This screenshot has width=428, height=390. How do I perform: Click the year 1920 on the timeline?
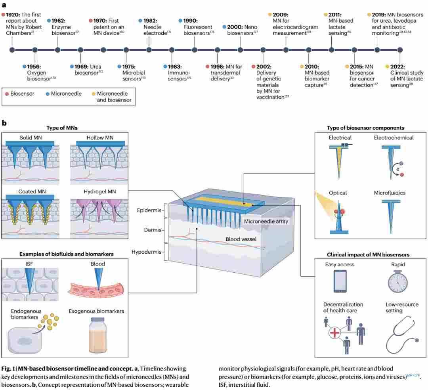tap(13, 14)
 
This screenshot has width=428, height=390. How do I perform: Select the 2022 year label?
tap(397, 67)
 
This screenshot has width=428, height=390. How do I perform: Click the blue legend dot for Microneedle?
tap(48, 94)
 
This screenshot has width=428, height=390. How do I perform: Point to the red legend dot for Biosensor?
tap(7, 94)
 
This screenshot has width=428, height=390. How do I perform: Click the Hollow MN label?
tap(100, 138)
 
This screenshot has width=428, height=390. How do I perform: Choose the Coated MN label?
tap(32, 191)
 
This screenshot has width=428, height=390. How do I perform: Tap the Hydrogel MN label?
tap(99, 191)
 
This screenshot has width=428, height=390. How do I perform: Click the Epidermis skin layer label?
tap(149, 210)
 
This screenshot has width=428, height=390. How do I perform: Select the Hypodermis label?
tap(146, 252)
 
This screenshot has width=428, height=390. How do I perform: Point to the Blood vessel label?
tap(241, 239)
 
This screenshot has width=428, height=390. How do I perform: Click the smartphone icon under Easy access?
tap(340, 281)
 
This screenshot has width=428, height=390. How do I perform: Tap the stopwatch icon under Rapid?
tap(398, 281)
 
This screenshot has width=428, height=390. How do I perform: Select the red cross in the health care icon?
tap(334, 333)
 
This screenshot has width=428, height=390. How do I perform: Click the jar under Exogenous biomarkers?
tap(97, 335)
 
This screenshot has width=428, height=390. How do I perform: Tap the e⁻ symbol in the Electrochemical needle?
tap(398, 169)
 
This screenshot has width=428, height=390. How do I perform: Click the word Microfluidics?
tap(390, 193)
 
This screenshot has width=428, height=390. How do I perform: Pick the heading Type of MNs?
tap(62, 128)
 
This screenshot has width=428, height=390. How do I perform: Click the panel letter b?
tap(4, 123)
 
